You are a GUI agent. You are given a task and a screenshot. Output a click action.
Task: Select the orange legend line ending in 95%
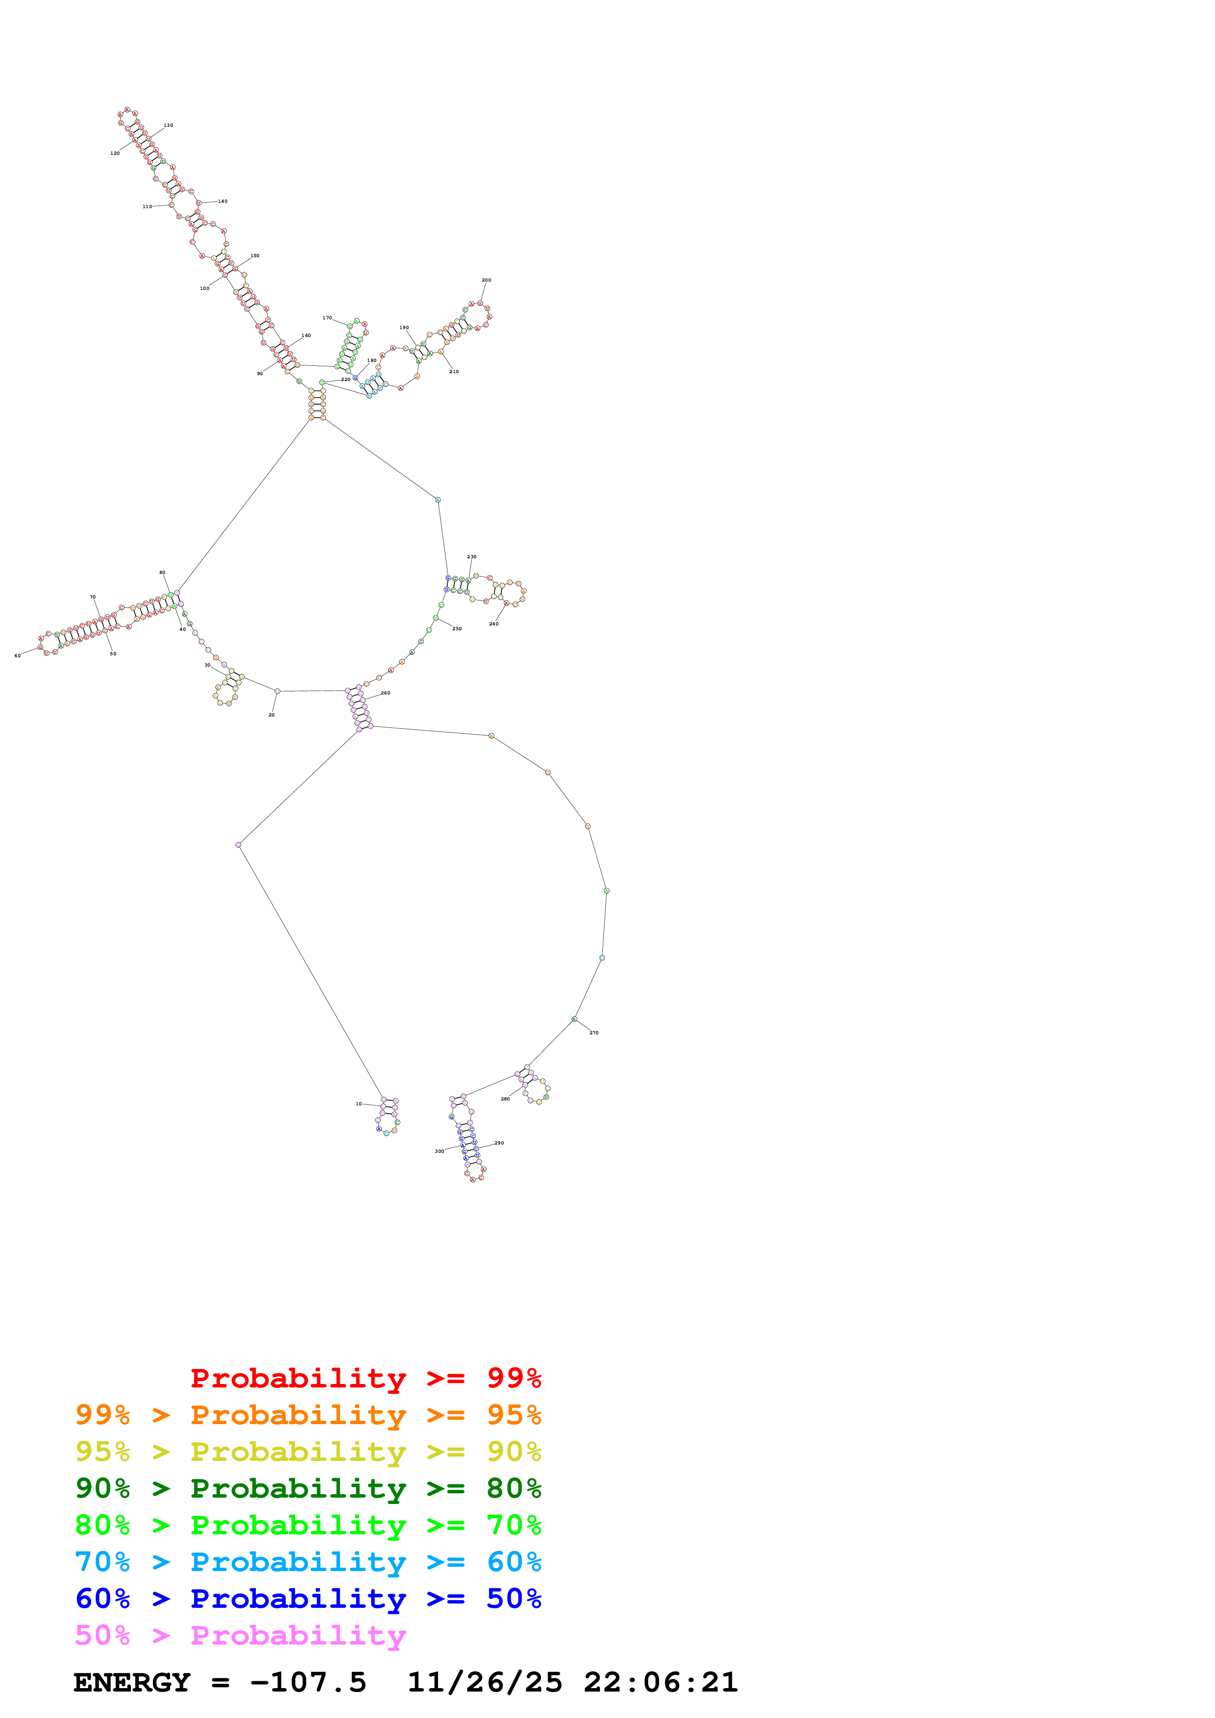click(x=308, y=1415)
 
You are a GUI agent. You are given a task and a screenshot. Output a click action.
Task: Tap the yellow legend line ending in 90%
click(x=308, y=1452)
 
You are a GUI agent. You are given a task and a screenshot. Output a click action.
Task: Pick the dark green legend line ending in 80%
click(x=308, y=1488)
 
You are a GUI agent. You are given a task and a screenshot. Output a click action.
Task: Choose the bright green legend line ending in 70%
click(x=308, y=1525)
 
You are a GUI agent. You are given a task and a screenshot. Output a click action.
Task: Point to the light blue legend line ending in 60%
click(x=308, y=1562)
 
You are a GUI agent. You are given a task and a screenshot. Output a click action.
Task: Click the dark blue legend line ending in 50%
click(x=308, y=1599)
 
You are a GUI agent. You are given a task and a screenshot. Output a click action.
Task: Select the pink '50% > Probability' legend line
click(x=240, y=1635)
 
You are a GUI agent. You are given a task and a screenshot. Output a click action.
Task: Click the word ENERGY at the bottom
click(x=132, y=1682)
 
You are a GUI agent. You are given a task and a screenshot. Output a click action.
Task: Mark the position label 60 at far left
click(x=17, y=655)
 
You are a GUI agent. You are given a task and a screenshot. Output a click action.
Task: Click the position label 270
click(x=594, y=1032)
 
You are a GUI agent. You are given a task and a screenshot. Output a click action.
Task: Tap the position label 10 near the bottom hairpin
click(x=359, y=1104)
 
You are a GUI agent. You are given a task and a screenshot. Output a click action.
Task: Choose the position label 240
click(x=494, y=623)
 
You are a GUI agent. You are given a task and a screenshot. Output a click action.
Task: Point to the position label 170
click(x=327, y=318)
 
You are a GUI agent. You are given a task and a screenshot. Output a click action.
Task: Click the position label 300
click(x=440, y=1151)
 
